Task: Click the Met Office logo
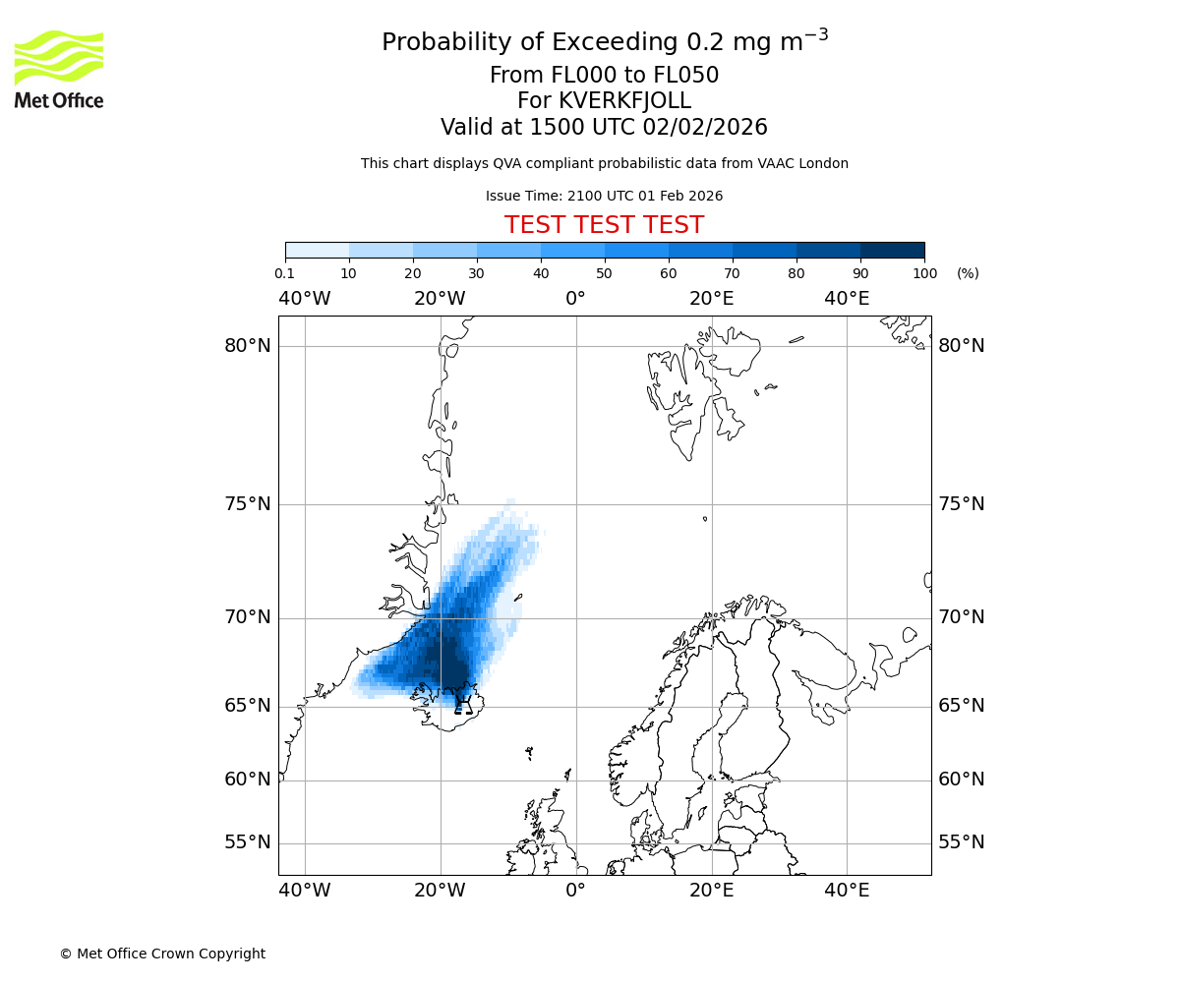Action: click(59, 70)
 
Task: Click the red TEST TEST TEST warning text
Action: click(604, 226)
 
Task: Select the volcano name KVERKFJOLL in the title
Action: click(624, 101)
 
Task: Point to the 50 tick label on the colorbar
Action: click(605, 273)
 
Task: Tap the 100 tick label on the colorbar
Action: click(924, 273)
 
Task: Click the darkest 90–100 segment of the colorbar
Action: click(892, 250)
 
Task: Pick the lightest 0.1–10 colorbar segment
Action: click(318, 250)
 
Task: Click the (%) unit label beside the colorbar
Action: click(968, 273)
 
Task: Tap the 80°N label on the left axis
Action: click(247, 346)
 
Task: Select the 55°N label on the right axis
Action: click(961, 842)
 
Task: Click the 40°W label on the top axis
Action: click(305, 299)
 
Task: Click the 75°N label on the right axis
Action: click(961, 504)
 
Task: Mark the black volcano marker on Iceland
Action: click(463, 704)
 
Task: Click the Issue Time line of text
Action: click(604, 197)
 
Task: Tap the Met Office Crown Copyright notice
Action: click(162, 954)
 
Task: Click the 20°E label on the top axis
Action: click(711, 299)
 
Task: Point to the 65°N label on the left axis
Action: click(247, 706)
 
